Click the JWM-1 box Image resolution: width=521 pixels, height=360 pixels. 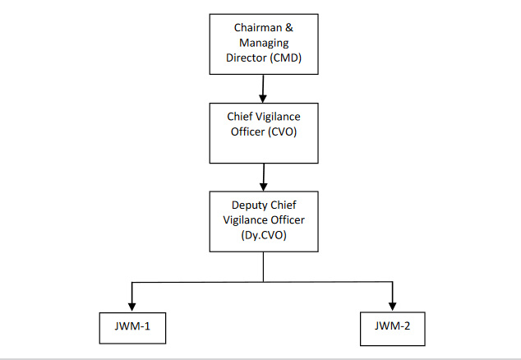(132, 326)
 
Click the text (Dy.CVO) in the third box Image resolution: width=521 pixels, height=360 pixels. (263, 233)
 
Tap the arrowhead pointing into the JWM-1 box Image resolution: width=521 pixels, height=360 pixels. (132, 304)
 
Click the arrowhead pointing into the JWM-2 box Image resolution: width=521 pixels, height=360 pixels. (392, 304)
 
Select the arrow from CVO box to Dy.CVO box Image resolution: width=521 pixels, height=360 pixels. (263, 175)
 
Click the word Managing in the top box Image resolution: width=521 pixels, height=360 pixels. (263, 42)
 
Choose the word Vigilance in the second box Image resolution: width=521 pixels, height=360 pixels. (278, 117)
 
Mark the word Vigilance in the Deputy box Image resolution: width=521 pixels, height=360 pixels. (247, 219)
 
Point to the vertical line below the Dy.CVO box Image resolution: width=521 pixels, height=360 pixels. (263, 267)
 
